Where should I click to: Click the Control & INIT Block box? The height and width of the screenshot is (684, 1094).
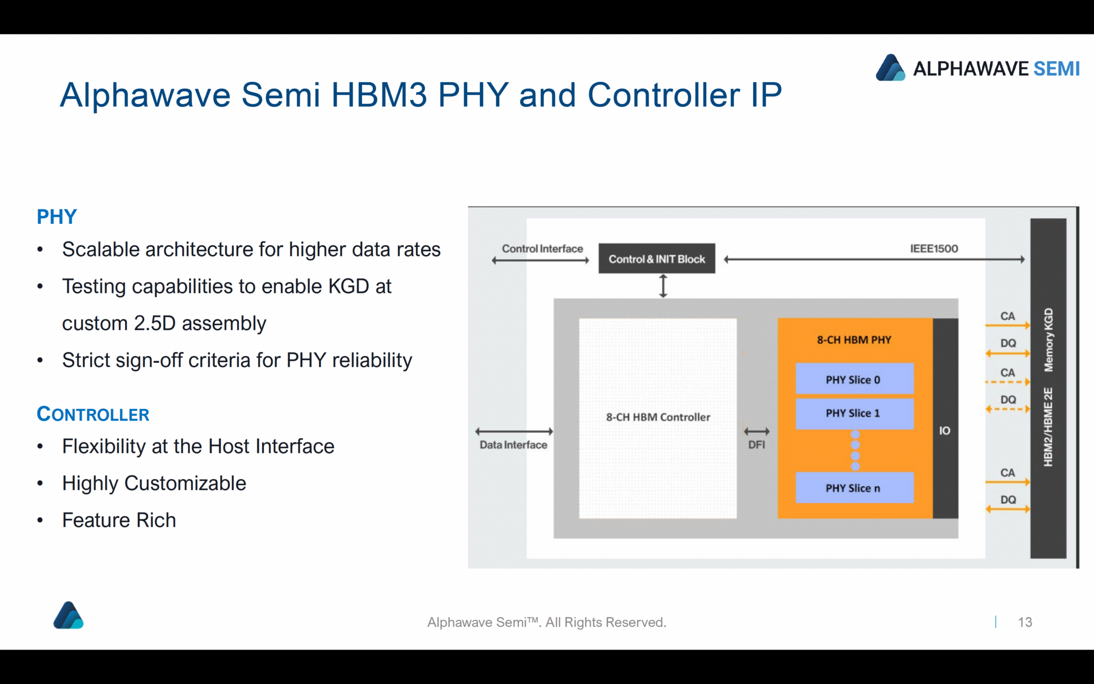tap(657, 259)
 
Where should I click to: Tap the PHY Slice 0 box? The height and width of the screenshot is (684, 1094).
tap(854, 379)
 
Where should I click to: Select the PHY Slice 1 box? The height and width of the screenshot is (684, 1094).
tap(854, 413)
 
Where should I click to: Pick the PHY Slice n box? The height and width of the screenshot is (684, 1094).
tap(854, 488)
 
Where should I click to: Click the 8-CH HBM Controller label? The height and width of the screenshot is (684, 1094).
tap(658, 417)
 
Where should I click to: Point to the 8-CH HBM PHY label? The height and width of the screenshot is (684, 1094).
tap(854, 340)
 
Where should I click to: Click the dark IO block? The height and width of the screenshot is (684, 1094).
tap(945, 431)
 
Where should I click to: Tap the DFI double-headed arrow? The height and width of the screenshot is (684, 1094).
tap(756, 431)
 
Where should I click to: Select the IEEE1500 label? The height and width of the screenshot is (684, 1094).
tap(934, 248)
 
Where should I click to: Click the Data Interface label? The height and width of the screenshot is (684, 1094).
tap(513, 445)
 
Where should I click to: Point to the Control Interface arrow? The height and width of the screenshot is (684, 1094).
tap(540, 260)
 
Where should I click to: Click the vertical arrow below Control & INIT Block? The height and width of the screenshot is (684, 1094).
tap(663, 286)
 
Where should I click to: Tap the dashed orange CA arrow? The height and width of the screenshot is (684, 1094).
tap(1007, 382)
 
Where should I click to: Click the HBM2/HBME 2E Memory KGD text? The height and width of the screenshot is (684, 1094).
tap(1048, 387)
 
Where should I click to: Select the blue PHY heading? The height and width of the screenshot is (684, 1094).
tap(57, 217)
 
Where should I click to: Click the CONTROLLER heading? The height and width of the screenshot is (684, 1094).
tap(93, 414)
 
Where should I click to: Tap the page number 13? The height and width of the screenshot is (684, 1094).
tap(1025, 622)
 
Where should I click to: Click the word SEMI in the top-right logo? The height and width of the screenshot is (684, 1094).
tap(1056, 69)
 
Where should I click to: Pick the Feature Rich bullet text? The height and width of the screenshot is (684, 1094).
tap(119, 520)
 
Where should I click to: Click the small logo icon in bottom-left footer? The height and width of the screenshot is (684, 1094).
tap(68, 616)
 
